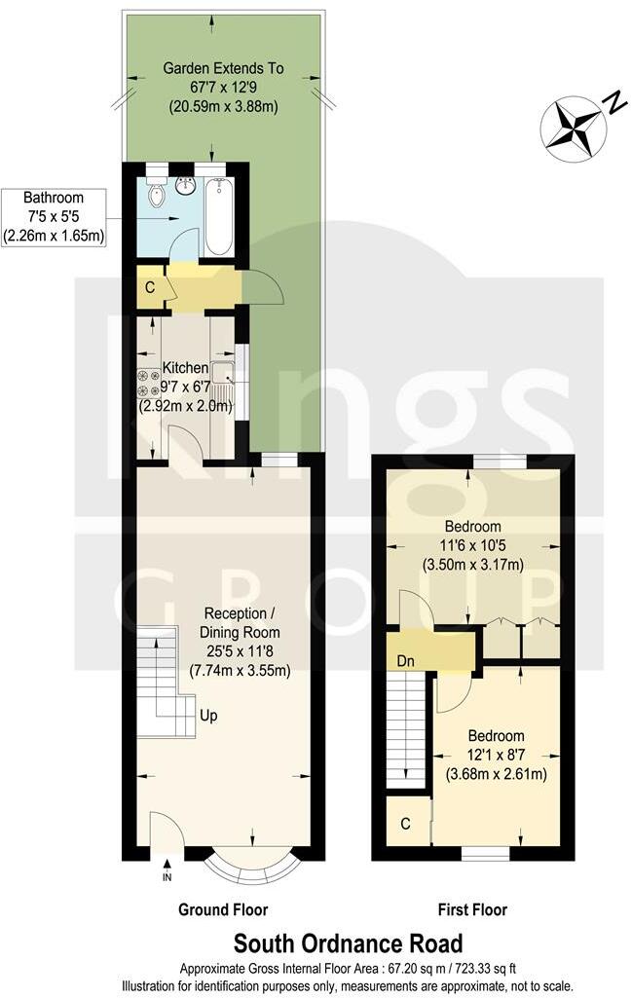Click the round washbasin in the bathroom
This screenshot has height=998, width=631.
click(x=187, y=184)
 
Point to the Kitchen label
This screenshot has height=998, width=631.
click(x=185, y=368)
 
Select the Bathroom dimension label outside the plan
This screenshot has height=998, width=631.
click(x=54, y=216)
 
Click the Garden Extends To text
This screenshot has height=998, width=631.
click(x=223, y=69)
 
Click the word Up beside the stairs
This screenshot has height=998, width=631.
click(x=208, y=716)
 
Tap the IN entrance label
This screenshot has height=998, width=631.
click(x=167, y=876)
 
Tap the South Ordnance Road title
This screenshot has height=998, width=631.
click(x=348, y=943)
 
